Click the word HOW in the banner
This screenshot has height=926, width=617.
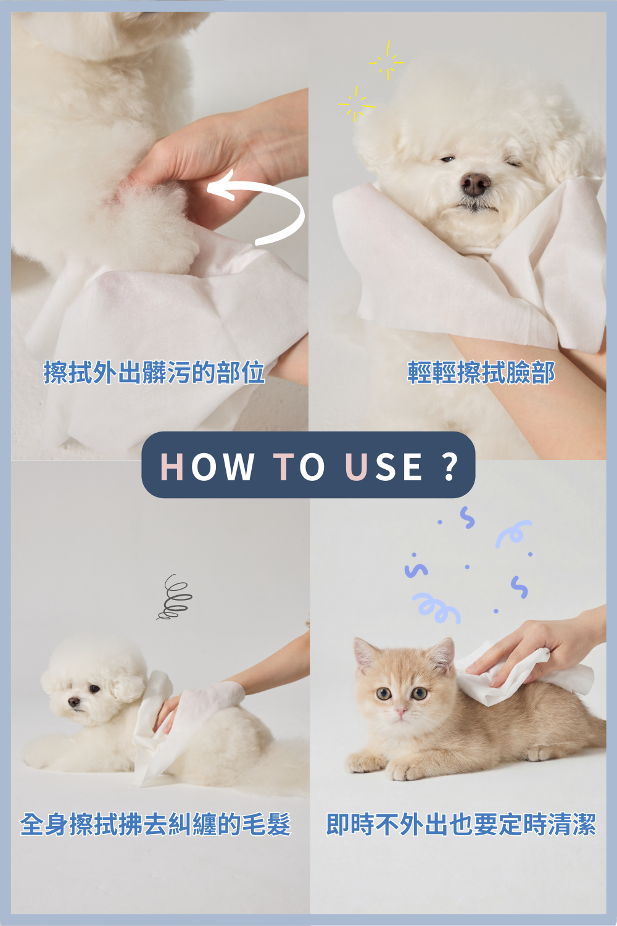point(207,466)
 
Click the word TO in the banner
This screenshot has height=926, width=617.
point(299,466)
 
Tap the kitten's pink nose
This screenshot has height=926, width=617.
point(400,712)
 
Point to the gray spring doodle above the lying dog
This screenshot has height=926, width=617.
point(174,597)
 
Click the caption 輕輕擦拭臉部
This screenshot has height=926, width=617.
point(481,372)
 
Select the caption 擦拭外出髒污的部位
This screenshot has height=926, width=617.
point(154,372)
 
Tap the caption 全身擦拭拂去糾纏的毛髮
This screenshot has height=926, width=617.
point(155,825)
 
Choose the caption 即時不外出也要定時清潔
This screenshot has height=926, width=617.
point(461,825)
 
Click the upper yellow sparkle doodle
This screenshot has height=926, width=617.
point(387,60)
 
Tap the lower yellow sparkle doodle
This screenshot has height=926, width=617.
point(356,104)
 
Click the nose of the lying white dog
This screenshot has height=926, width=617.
point(74,701)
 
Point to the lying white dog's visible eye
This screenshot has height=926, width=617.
point(94,689)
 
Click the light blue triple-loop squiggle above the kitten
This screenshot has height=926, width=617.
point(436,608)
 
